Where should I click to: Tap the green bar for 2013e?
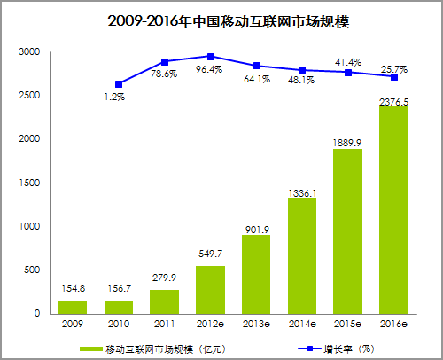[x=256, y=274]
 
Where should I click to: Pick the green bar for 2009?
[x=73, y=307]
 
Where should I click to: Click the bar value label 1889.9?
[x=347, y=140]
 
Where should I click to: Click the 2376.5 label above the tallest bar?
[x=393, y=98]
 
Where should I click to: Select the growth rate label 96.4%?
[x=210, y=68]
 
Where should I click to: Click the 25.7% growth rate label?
[x=392, y=68]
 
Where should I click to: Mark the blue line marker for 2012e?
[x=210, y=56]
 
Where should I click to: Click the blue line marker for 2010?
[x=119, y=84]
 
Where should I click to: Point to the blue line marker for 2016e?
[x=393, y=77]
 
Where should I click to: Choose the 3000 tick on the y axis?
[x=29, y=52]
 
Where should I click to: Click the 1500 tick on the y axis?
[x=29, y=183]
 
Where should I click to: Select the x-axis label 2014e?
[x=302, y=325]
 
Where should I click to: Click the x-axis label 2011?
[x=164, y=325]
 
